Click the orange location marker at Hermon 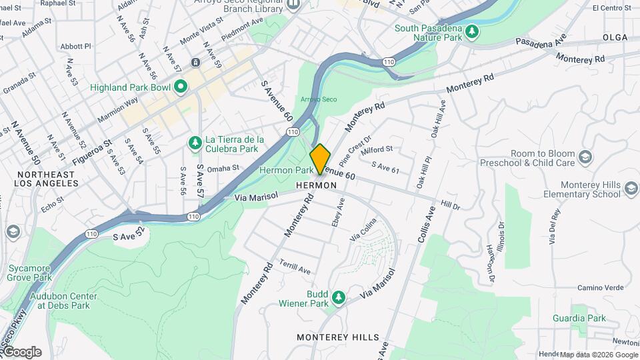(x=321, y=158)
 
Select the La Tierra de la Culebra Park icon (x=195, y=143)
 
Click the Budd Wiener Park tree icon (x=339, y=296)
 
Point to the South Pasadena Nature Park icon (x=472, y=31)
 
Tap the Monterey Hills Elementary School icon (x=629, y=190)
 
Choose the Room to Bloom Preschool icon (x=585, y=157)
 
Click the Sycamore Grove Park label (x=30, y=272)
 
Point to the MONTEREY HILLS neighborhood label (x=338, y=337)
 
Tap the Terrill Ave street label (x=295, y=267)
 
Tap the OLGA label (x=616, y=37)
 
